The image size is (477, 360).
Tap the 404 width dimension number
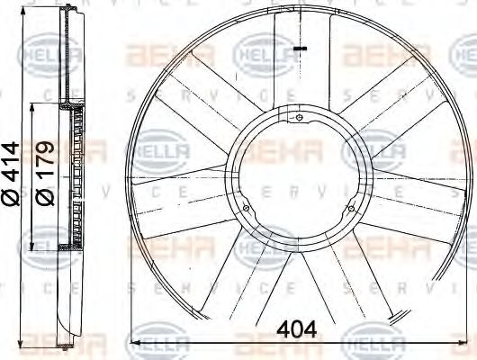[297, 329]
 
